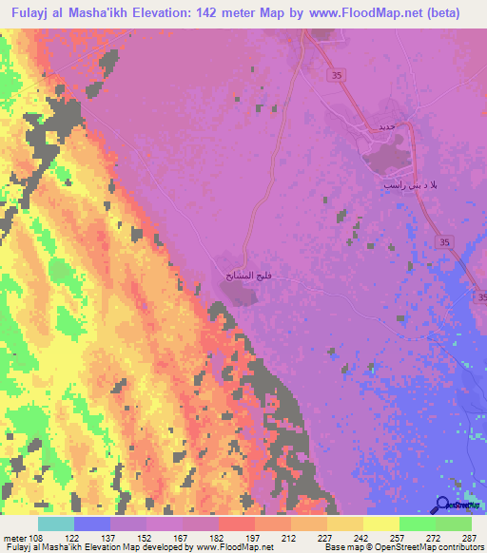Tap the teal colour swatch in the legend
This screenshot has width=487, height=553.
pyautogui.click(x=56, y=524)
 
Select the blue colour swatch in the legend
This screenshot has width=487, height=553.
pyautogui.click(x=90, y=524)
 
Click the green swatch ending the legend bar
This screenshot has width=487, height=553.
pyautogui.click(x=454, y=524)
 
